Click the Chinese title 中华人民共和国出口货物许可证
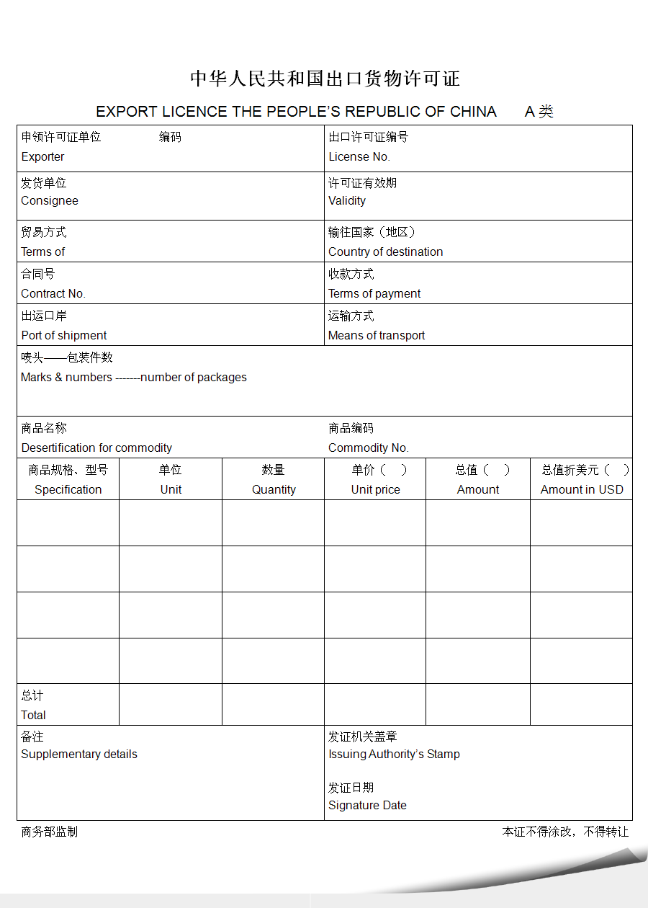tap(325, 79)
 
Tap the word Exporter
tap(42, 157)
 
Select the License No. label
tap(359, 157)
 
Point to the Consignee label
tap(50, 201)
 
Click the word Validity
tap(347, 201)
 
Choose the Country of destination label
tap(385, 252)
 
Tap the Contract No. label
tap(53, 294)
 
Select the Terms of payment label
tap(374, 294)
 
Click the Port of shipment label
tap(64, 336)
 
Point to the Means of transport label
tap(377, 336)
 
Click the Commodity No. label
tap(368, 448)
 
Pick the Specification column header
tap(68, 490)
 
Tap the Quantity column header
tap(274, 490)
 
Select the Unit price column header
tap(375, 490)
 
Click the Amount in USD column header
tap(582, 490)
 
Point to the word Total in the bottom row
tap(33, 716)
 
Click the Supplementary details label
tap(79, 755)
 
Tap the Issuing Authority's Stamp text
tap(394, 755)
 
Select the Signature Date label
tap(367, 806)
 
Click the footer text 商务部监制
tap(49, 832)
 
